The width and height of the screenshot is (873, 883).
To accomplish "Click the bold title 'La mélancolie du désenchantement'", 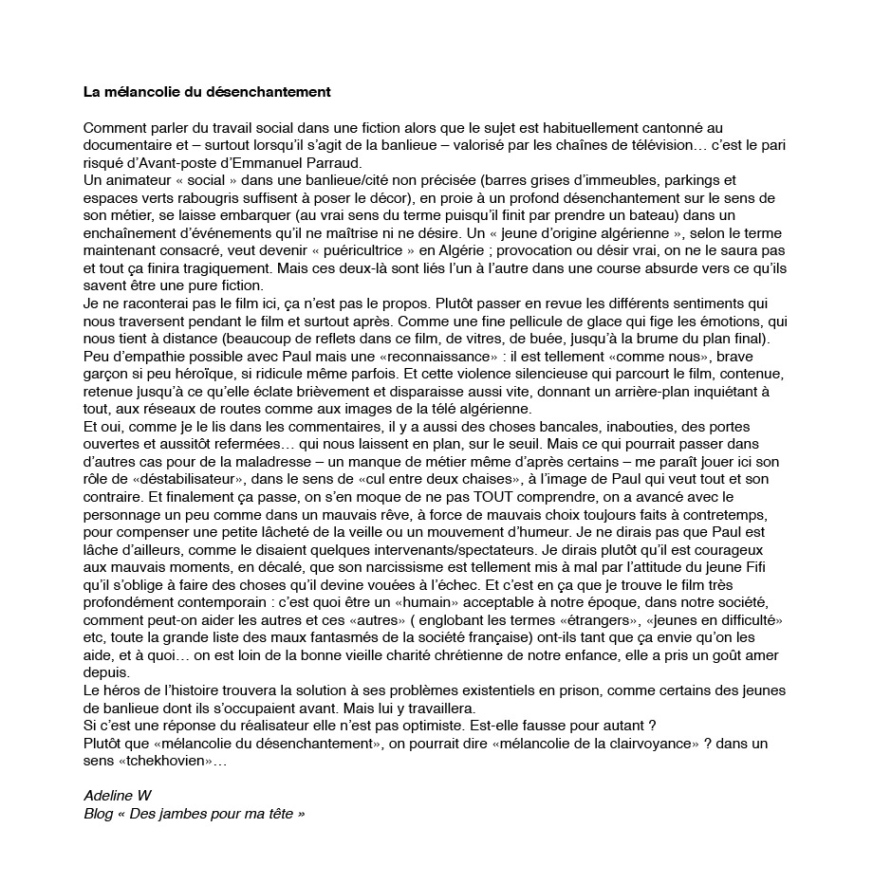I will tap(206, 93).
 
